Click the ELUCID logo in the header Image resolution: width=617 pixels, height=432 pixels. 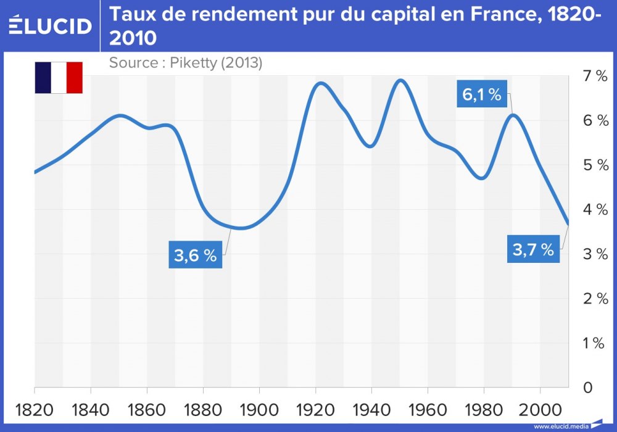(51, 25)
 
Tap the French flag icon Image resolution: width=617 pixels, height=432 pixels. (59, 78)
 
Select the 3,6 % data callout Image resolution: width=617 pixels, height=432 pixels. (195, 255)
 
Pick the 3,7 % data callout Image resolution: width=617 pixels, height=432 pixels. (533, 250)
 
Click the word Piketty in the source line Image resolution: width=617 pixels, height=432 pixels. (191, 63)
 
